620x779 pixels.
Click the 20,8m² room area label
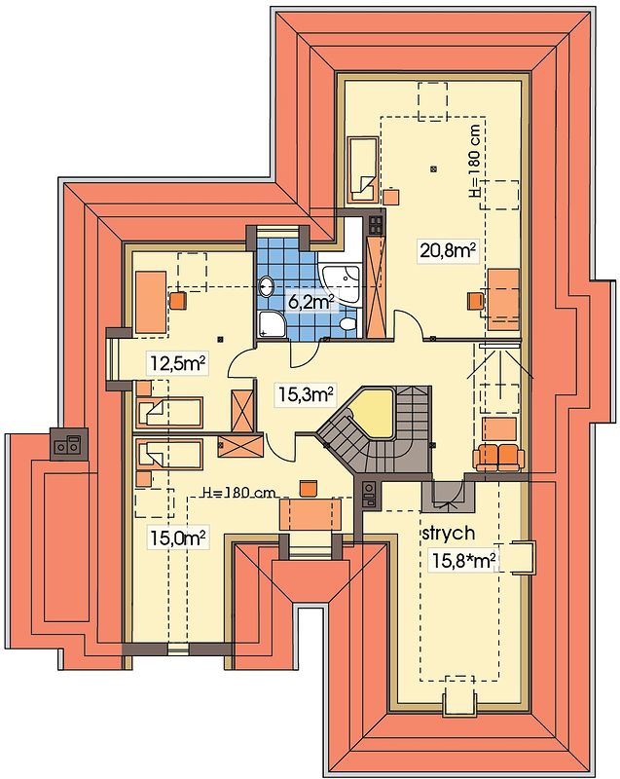448,250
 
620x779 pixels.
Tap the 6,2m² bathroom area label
310,301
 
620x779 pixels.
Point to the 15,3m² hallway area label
305,395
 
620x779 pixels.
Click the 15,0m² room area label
178,538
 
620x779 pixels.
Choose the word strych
449,533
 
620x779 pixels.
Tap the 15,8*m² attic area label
463,561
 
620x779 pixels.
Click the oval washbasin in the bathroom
267,285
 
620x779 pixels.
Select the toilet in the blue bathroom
348,324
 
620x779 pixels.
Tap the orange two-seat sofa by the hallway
498,457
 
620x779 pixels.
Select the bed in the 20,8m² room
363,169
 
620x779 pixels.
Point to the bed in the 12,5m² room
169,412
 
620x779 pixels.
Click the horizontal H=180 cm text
239,493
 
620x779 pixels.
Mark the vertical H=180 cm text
475,160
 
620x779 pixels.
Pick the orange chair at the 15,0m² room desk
309,488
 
